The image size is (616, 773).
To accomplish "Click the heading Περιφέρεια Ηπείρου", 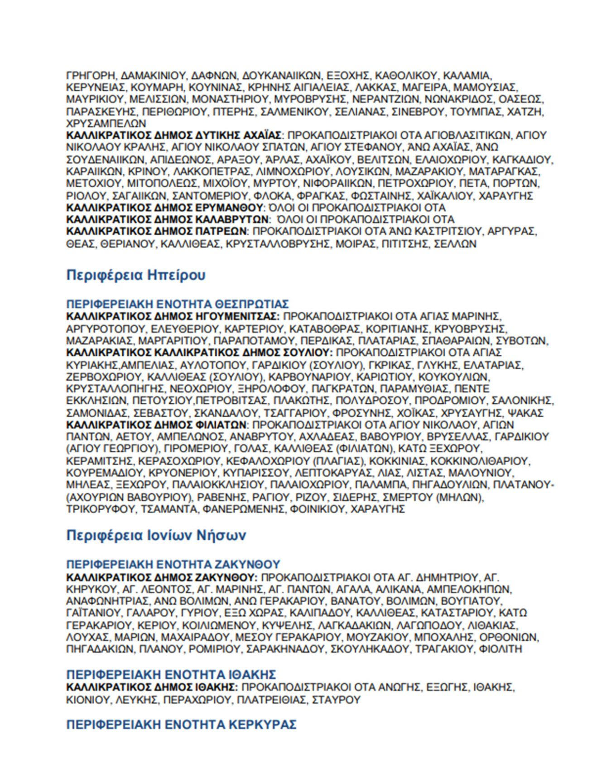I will click(x=135, y=275).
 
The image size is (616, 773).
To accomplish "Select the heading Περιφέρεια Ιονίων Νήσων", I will click(x=156, y=535).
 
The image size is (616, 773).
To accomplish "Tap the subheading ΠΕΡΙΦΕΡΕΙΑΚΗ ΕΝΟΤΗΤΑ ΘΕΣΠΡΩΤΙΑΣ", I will click(x=178, y=304).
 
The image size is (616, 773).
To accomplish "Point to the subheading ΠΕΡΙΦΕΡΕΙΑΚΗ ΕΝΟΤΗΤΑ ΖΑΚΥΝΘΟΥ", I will click(x=173, y=565).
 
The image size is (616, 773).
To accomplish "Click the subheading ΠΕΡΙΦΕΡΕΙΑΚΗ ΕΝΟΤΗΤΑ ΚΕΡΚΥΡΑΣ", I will click(x=181, y=725).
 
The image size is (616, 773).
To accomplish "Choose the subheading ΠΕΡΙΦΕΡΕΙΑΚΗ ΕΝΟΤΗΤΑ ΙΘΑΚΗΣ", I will click(x=171, y=674).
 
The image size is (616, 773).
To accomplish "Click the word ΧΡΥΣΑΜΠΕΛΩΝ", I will click(x=106, y=123).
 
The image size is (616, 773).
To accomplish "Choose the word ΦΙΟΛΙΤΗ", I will click(x=500, y=649).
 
